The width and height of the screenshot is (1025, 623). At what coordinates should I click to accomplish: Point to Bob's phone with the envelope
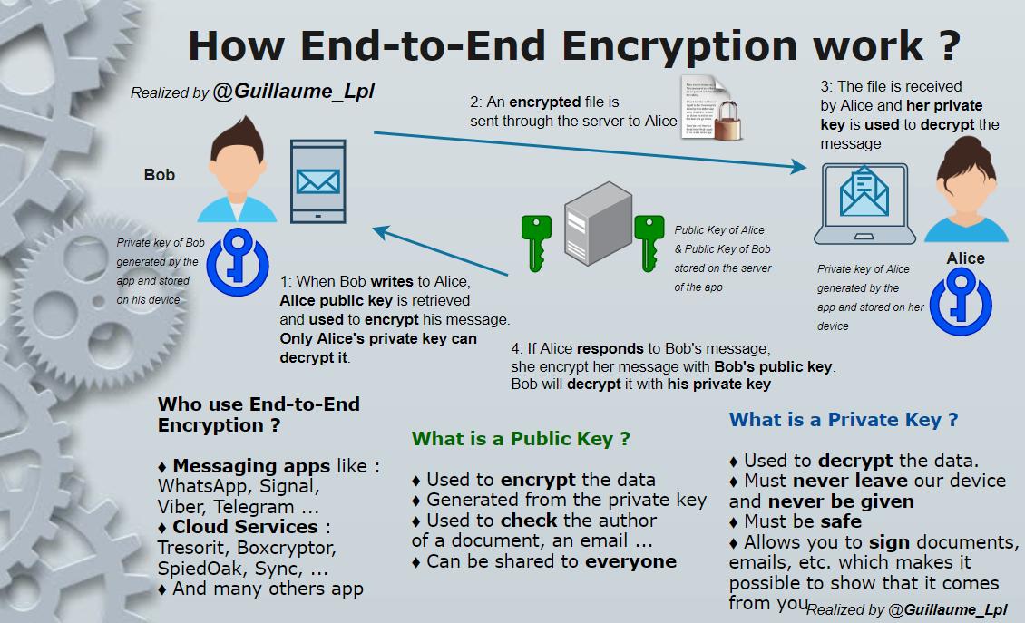[317, 181]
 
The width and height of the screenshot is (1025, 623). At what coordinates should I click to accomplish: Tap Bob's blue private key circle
[238, 263]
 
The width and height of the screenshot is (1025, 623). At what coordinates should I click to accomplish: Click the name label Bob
[160, 175]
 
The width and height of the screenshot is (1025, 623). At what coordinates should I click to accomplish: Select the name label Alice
[965, 258]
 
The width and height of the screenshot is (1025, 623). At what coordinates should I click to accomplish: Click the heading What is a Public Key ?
[521, 439]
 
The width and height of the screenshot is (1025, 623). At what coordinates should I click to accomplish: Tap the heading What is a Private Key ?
[844, 420]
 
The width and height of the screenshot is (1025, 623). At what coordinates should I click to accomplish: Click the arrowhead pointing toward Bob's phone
[380, 232]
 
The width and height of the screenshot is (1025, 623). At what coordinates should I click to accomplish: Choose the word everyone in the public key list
[630, 561]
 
